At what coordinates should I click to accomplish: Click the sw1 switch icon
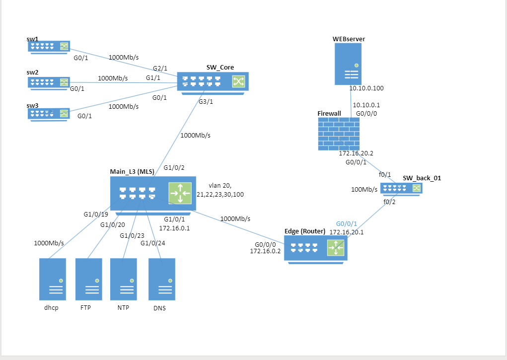49,47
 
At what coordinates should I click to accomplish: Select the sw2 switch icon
49,82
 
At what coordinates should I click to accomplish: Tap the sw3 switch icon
49,114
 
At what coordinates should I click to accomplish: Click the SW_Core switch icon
213,81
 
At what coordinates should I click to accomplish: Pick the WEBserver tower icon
348,64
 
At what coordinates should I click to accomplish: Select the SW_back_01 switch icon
401,188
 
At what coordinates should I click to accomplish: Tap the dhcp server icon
52,279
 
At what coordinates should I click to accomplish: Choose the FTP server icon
88,279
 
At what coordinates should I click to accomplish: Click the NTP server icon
123,279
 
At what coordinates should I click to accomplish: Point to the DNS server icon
161,279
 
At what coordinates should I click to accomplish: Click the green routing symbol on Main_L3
180,193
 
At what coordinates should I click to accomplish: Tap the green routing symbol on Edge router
336,248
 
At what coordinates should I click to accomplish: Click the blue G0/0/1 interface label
346,224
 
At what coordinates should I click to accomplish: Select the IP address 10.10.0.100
366,88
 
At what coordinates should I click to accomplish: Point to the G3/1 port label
206,102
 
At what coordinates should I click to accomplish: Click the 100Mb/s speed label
364,189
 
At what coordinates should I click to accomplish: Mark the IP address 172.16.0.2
265,251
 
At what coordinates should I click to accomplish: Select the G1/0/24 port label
152,243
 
